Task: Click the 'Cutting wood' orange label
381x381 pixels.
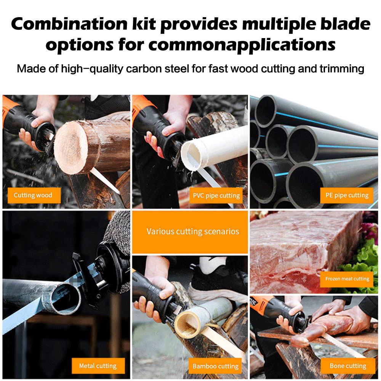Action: point(34,195)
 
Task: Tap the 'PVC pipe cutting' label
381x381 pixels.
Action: point(216,195)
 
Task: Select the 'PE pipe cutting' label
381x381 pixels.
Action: point(347,195)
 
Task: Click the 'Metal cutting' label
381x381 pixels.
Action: point(98,366)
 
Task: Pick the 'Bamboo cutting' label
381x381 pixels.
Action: point(215,366)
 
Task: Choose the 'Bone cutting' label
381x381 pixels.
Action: point(348,366)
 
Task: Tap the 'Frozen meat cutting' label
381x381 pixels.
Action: point(347,279)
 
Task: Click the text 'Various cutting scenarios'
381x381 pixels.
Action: point(193,231)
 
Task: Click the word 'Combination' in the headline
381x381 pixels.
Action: point(69,24)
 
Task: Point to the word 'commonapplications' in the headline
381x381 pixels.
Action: point(242,45)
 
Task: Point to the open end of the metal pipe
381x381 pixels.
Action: point(66,299)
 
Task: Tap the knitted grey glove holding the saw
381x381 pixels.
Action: point(117,233)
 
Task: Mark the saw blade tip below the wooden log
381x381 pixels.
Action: point(119,193)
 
